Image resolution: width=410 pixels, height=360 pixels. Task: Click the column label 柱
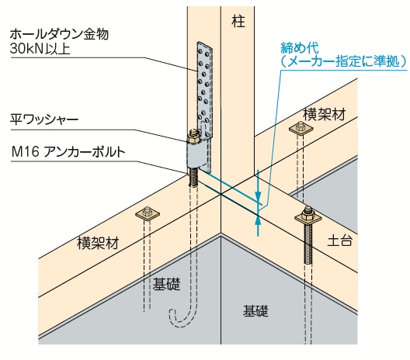238,21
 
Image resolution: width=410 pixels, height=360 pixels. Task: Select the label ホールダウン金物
59,34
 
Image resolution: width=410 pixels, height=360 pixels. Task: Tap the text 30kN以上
40,49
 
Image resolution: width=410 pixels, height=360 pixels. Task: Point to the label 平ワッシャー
44,119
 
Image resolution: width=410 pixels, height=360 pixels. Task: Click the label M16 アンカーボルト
68,152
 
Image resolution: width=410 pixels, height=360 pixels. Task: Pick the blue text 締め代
300,48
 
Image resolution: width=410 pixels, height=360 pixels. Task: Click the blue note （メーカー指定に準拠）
343,61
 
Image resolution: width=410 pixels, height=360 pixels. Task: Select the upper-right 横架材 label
325,114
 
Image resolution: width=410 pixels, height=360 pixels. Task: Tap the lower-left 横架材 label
98,243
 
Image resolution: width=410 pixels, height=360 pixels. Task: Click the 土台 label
339,241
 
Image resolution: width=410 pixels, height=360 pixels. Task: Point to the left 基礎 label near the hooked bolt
166,284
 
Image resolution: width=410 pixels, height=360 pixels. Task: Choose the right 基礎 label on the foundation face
255,310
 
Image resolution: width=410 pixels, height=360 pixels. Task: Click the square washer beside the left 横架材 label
148,214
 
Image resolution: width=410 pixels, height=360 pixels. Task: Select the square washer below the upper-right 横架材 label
301,129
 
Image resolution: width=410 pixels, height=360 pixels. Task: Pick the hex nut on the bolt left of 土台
307,213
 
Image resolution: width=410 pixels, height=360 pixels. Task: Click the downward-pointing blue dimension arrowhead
258,197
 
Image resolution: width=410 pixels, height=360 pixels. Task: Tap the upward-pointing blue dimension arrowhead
258,220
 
